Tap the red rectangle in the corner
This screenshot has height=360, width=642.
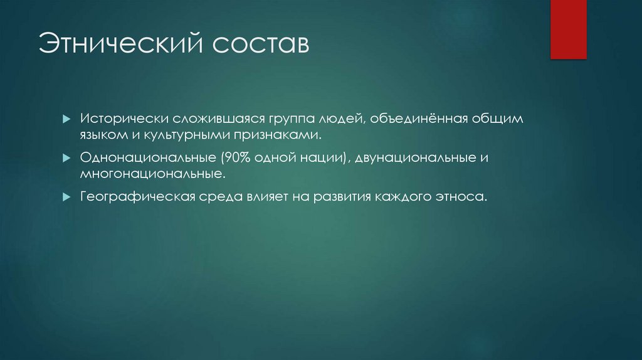(x=568, y=29)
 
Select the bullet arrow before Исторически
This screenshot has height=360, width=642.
(x=66, y=119)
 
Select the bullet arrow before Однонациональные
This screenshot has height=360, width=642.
(x=66, y=158)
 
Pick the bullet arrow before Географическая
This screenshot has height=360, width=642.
(x=66, y=197)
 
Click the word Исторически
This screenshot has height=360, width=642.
(x=118, y=119)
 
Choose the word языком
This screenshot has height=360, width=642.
(x=100, y=134)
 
